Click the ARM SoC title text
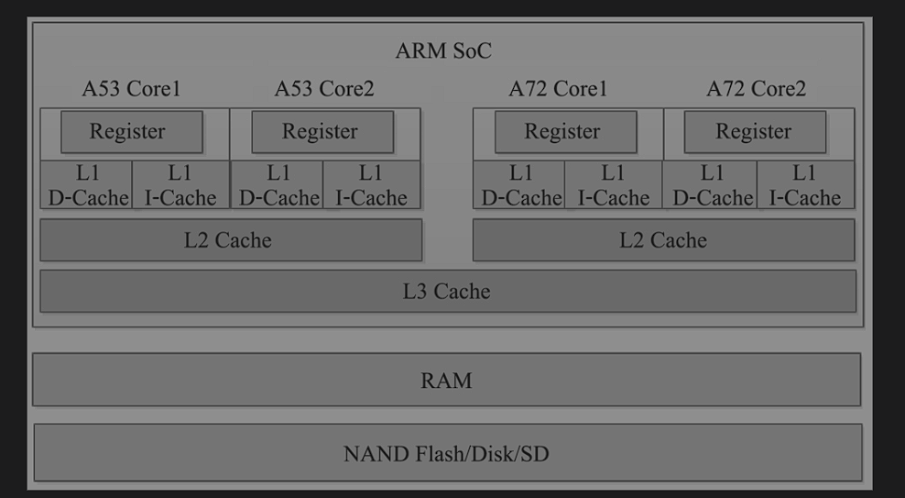[x=443, y=51]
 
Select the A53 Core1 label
[x=131, y=89]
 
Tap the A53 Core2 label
[x=324, y=89]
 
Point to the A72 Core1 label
[x=558, y=89]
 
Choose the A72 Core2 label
[x=756, y=89]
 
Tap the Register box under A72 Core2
[x=755, y=132]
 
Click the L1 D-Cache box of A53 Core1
[x=87, y=185]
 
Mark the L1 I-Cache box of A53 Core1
[x=180, y=185]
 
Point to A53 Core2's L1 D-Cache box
[x=278, y=185]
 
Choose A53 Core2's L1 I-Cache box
[x=371, y=185]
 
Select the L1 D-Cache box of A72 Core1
[x=519, y=185]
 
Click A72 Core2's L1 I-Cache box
[x=805, y=185]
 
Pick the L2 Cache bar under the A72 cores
[x=663, y=240]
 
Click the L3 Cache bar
[x=447, y=292]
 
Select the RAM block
[x=446, y=380]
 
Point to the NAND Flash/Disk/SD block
[x=447, y=453]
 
